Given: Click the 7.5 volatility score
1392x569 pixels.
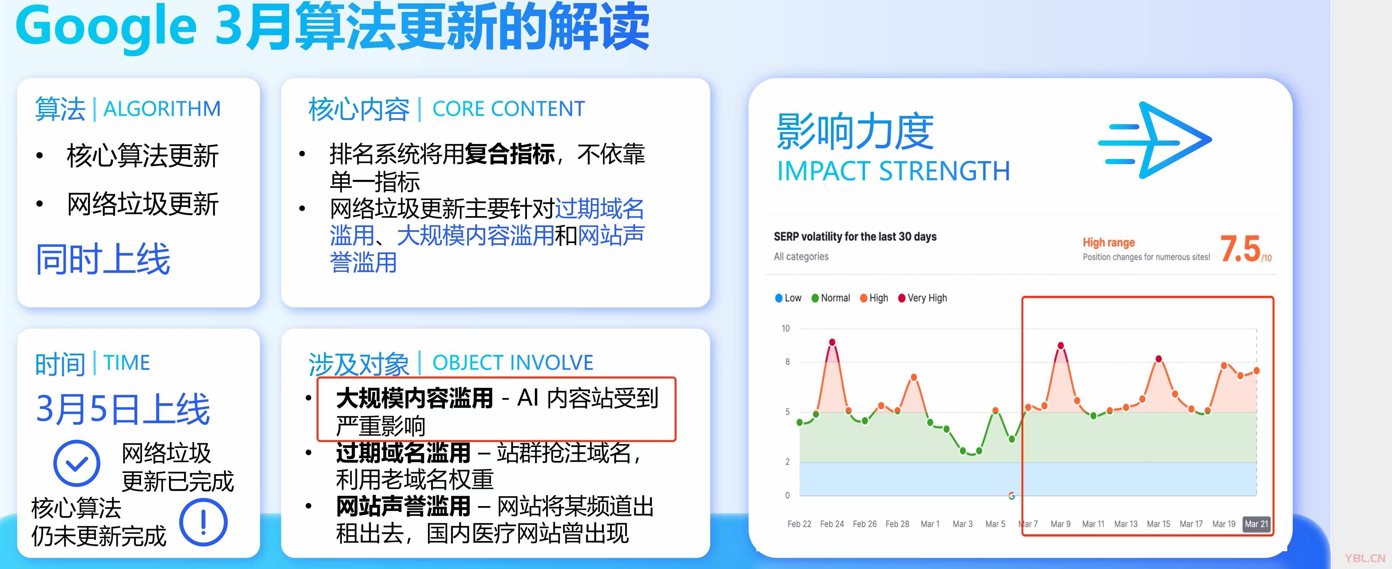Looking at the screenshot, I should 1240,249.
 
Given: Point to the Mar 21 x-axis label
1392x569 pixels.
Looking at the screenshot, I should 1256,524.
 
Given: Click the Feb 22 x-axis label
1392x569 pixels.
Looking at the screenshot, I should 799,524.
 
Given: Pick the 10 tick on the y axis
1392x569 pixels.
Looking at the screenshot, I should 786,328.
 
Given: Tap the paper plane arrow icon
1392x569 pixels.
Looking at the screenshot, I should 1155,140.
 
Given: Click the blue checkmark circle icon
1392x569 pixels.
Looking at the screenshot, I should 77,463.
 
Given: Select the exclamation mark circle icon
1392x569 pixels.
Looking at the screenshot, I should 203,522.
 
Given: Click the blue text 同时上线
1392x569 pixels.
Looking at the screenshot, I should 103,259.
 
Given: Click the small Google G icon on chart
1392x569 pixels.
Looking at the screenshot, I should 1011,495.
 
